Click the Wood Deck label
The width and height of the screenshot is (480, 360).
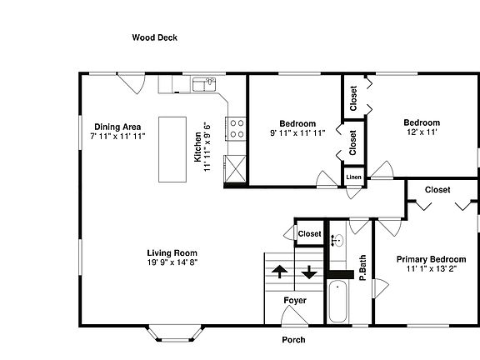pyautogui.click(x=154, y=37)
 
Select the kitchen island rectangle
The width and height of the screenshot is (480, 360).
pyautogui.click(x=172, y=150)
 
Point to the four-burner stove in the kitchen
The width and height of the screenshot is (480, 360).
pyautogui.click(x=237, y=129)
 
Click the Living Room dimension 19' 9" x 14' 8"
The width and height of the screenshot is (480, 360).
pyautogui.click(x=172, y=262)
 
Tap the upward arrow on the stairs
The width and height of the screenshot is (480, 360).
pyautogui.click(x=279, y=272)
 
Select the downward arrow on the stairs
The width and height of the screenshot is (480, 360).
pyautogui.click(x=309, y=272)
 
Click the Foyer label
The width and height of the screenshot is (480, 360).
pyautogui.click(x=295, y=300)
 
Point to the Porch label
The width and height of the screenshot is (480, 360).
pyautogui.click(x=293, y=339)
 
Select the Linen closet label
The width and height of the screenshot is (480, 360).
pyautogui.click(x=353, y=177)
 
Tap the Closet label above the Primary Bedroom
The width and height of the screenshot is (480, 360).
pyautogui.click(x=437, y=190)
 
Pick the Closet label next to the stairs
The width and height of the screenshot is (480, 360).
pyautogui.click(x=309, y=234)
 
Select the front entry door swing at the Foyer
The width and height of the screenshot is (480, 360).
pyautogui.click(x=293, y=317)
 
